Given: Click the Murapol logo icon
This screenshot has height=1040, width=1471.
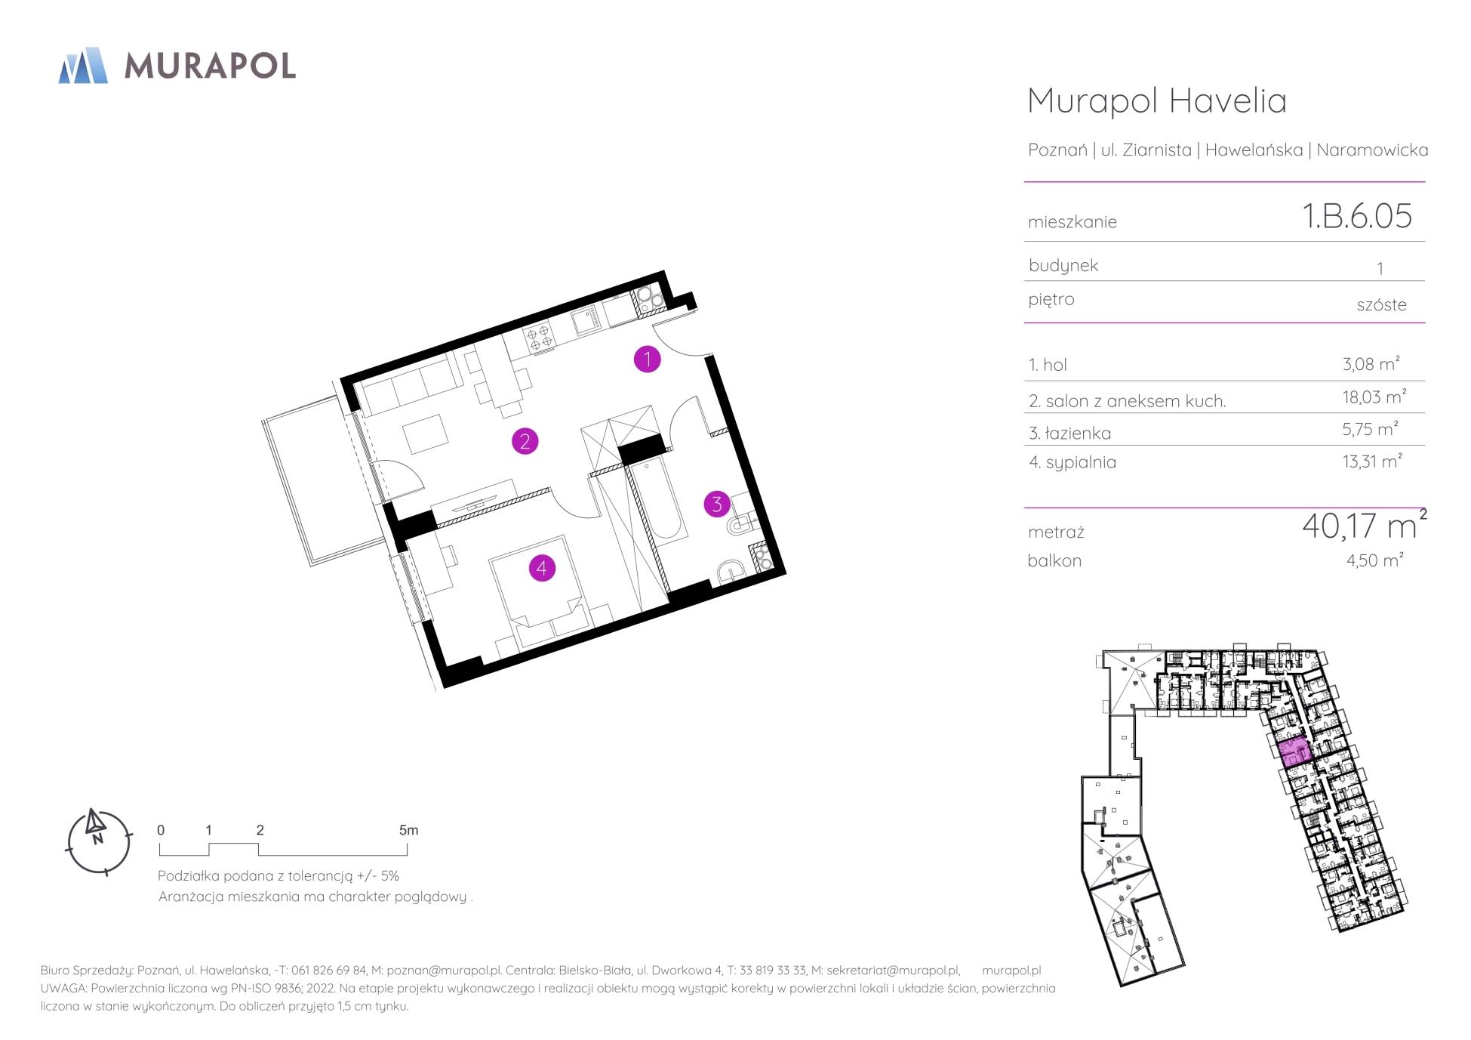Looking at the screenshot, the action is point(83,65).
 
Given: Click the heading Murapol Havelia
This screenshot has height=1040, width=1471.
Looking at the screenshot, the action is point(1157,100).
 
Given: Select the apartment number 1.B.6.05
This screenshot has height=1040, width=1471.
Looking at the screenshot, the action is point(1357,215).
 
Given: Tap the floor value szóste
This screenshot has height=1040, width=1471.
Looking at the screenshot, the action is point(1381,304).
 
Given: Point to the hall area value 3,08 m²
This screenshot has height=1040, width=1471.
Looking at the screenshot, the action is point(1371,363).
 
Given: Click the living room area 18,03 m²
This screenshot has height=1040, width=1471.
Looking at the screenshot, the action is point(1374,397).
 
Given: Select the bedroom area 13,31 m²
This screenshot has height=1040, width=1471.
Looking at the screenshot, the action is point(1372,461).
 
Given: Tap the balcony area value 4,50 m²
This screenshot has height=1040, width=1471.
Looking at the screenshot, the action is point(1374,560).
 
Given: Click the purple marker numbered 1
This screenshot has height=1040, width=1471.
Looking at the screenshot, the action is point(647,360).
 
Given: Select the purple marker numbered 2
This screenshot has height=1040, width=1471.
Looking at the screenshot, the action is point(525,441).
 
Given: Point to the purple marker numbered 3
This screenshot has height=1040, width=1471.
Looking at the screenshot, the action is point(717,504).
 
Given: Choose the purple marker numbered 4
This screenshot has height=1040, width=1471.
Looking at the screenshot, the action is point(542,568).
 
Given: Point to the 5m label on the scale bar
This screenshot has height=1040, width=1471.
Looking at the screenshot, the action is point(408,830).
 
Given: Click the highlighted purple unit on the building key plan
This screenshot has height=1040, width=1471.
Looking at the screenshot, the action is point(1294,751).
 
